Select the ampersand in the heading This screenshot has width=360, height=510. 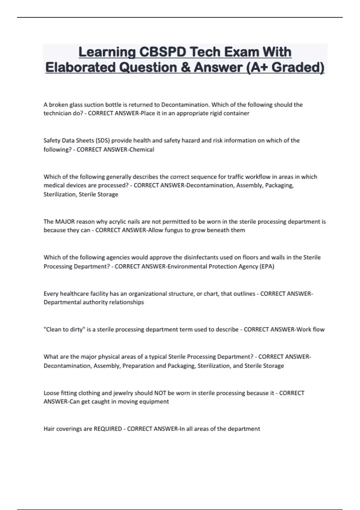[185, 67]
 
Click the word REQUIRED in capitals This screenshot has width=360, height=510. [108, 429]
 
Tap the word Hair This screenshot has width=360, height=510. [49, 429]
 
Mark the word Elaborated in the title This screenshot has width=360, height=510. [80, 67]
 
